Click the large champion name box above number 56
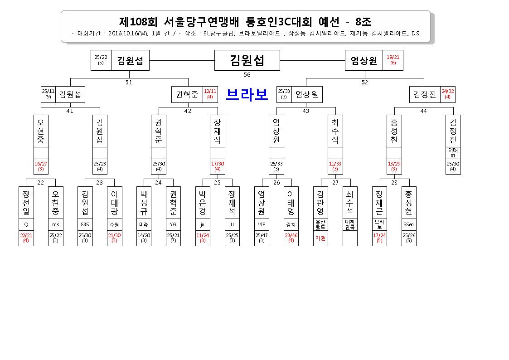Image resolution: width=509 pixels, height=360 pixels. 247,60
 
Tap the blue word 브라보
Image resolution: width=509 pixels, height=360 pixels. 247,94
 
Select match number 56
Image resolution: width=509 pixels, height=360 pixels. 247,75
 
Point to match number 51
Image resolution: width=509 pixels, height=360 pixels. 129,83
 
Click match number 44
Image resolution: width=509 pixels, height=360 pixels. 423,111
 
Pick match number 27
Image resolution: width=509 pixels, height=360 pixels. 335,183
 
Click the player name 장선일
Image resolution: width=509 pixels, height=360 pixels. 26,203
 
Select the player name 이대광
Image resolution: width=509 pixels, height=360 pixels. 114,203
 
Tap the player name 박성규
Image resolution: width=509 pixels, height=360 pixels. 144,203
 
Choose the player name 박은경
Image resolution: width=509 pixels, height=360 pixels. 203,203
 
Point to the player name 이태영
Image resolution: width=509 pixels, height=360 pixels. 291,203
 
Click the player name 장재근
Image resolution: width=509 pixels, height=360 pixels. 379,203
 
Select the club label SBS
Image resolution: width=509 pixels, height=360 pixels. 85,224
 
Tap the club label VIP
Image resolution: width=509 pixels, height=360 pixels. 262,224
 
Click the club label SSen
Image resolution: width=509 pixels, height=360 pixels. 409,224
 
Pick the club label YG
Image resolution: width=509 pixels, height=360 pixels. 173,224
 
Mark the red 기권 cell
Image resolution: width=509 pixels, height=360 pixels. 320,238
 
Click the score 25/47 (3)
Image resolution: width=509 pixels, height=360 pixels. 262,238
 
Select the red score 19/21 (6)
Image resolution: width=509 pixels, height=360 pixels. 393,60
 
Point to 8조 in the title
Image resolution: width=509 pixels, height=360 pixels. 363,22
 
